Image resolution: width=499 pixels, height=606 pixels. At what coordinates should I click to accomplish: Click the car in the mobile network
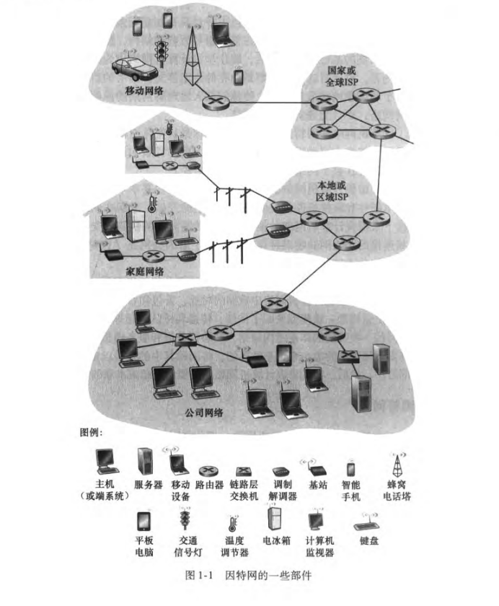click(x=135, y=69)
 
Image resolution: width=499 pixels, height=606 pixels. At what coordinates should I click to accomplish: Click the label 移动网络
click(x=144, y=91)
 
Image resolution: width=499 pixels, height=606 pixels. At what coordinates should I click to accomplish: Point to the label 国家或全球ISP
click(x=342, y=76)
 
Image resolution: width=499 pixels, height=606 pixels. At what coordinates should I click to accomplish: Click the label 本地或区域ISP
click(x=332, y=191)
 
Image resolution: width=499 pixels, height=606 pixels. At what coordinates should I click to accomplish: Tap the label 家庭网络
click(x=144, y=271)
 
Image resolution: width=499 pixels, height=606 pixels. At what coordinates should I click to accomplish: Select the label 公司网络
click(x=204, y=413)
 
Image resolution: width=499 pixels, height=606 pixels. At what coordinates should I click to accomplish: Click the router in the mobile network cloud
click(x=216, y=102)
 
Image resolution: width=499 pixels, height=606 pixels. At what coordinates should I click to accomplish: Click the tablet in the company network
click(x=284, y=356)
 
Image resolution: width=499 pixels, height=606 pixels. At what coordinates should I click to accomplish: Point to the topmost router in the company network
click(x=275, y=304)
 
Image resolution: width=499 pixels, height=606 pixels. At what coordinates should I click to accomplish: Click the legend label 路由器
click(x=209, y=485)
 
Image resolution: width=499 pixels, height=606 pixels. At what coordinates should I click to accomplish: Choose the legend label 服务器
click(x=149, y=485)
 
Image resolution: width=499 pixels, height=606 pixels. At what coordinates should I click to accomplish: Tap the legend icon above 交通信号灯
click(x=185, y=518)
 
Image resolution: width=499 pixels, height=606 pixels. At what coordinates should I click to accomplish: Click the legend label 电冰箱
click(x=276, y=540)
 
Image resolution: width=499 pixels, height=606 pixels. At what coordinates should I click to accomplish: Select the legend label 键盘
click(x=369, y=540)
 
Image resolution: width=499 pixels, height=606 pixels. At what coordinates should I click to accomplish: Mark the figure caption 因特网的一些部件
click(x=268, y=576)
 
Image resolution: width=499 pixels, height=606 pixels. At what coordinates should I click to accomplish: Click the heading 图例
click(x=91, y=432)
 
